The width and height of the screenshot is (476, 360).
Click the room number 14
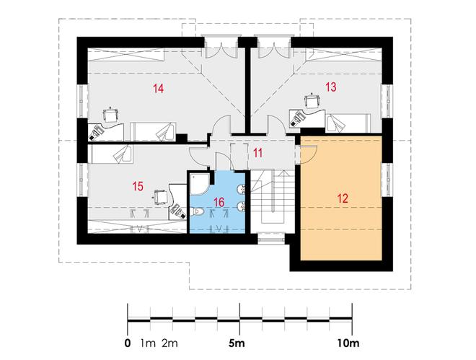159,89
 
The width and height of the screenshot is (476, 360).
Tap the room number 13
331,87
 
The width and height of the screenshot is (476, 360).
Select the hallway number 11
257,153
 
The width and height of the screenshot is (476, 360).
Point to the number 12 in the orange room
343,198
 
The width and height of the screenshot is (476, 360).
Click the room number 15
138,186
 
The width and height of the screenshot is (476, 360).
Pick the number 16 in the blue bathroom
219,202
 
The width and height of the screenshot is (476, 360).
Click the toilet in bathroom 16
198,211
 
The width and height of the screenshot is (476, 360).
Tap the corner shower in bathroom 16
200,184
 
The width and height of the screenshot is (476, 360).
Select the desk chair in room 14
110,115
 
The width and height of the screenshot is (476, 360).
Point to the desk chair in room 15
159,197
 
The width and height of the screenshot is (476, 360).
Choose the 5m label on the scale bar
237,343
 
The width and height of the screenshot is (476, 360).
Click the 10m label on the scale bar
348,343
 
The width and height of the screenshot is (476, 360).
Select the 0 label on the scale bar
128,343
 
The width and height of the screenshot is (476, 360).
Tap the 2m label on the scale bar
169,343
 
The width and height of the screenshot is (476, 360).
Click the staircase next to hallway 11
273,201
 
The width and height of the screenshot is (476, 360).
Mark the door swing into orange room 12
307,155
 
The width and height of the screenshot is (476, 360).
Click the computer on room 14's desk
96,132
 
